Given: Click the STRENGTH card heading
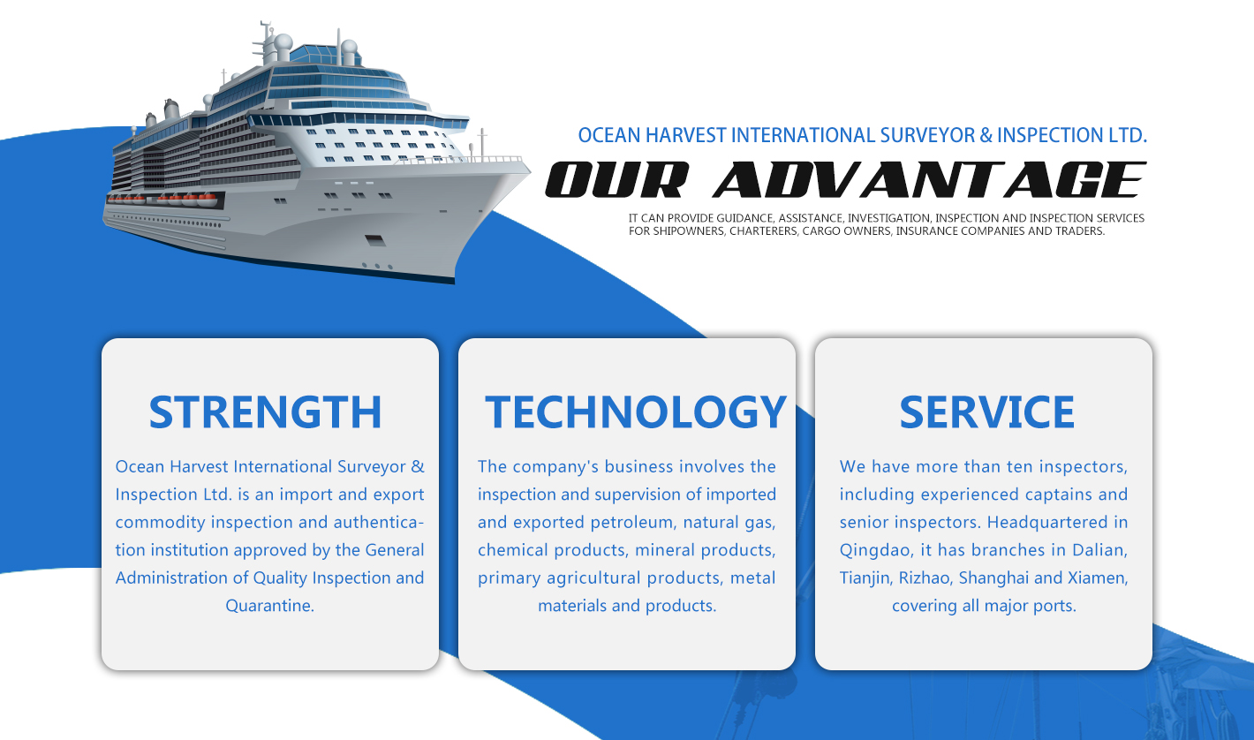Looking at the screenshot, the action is tap(265, 412).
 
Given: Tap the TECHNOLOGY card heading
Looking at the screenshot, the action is tap(636, 412).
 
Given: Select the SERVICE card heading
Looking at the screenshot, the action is tap(986, 412).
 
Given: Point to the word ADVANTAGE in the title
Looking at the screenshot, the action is tap(929, 179).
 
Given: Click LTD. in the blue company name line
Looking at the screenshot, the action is tap(1128, 135).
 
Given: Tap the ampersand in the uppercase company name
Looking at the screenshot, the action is tap(986, 135).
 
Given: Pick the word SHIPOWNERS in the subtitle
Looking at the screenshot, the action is tap(688, 231).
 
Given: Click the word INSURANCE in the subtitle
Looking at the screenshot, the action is tap(925, 231).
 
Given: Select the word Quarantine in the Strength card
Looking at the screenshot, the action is tap(270, 607).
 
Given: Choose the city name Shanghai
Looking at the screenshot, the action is tap(994, 578).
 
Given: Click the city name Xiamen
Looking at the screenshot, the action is tap(1098, 578).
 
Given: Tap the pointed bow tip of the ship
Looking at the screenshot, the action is tap(530, 170).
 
